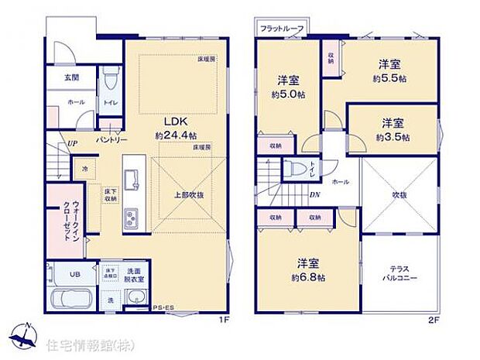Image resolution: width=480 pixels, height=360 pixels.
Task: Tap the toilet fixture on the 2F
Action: point(295,170)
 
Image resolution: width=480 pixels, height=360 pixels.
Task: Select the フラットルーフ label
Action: point(282,29)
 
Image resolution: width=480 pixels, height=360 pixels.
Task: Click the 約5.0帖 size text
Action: point(288,95)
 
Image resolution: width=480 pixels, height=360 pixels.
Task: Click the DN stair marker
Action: point(315,194)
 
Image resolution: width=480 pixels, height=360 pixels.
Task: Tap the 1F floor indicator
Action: point(222,317)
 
